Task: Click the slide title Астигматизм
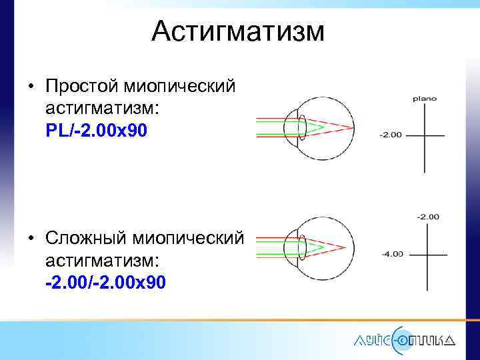238,31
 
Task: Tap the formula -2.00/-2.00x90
106,283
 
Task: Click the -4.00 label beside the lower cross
391,254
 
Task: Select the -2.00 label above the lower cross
427,217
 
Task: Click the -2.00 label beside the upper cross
391,135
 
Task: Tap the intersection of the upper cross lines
424,135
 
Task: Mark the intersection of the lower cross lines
427,254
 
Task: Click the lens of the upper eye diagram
301,126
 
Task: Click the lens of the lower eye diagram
301,246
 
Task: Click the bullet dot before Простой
31,87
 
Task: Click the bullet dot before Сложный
31,239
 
